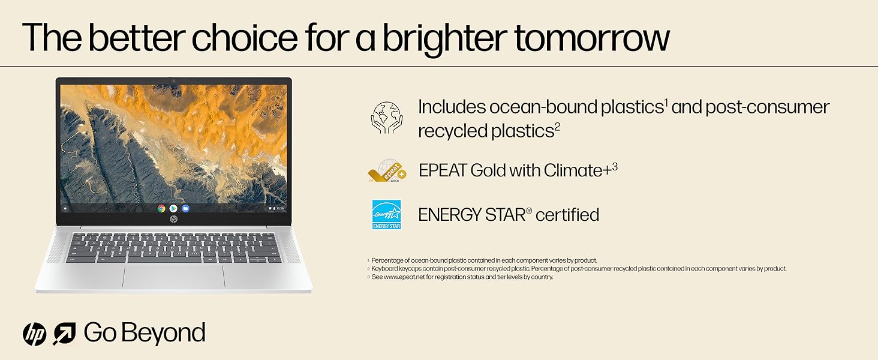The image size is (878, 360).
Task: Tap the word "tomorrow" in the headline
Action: pyautogui.click(x=592, y=38)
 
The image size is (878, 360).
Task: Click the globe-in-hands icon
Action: pyautogui.click(x=386, y=118)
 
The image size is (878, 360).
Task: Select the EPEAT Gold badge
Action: pyautogui.click(x=387, y=170)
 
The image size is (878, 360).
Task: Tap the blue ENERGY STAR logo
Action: pyautogui.click(x=386, y=215)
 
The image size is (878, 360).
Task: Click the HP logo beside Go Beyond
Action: pyautogui.click(x=35, y=334)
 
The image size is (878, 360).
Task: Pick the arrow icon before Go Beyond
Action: pyautogui.click(x=64, y=334)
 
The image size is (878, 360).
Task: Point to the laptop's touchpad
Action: pyautogui.click(x=174, y=276)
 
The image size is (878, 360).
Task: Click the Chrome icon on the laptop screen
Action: pyautogui.click(x=161, y=209)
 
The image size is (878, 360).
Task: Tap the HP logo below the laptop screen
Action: pyautogui.click(x=174, y=219)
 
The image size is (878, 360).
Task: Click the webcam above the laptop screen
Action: pyautogui.click(x=174, y=81)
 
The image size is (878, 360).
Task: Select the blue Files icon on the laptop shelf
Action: pyautogui.click(x=185, y=209)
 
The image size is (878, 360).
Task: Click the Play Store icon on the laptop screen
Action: pyautogui.click(x=173, y=209)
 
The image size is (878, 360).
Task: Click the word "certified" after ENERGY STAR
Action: pyautogui.click(x=567, y=215)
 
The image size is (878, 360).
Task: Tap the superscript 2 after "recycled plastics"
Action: pyautogui.click(x=557, y=126)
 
